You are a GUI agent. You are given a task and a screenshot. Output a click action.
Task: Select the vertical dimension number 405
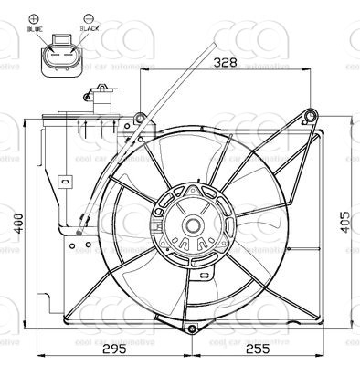(x=344, y=223)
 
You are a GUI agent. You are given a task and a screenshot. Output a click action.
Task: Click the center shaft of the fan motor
(x=193, y=224)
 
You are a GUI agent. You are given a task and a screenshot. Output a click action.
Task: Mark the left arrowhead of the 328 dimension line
(x=143, y=71)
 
